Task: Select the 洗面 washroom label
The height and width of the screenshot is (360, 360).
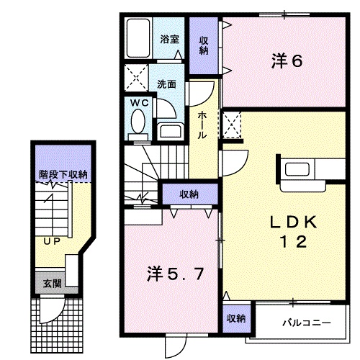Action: point(168,84)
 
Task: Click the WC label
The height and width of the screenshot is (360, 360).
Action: point(139,103)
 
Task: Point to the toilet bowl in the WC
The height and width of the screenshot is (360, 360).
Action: point(138,125)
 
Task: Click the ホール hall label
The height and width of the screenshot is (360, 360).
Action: point(203,125)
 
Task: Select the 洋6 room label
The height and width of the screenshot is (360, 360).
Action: point(286,61)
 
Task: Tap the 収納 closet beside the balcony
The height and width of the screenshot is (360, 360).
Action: point(235,318)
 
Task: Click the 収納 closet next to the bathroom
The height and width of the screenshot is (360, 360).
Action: point(204,45)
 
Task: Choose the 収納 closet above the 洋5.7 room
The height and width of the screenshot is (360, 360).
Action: point(189,194)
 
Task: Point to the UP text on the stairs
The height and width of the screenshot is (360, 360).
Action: point(50,241)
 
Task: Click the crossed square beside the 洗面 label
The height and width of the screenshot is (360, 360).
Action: point(133,76)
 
